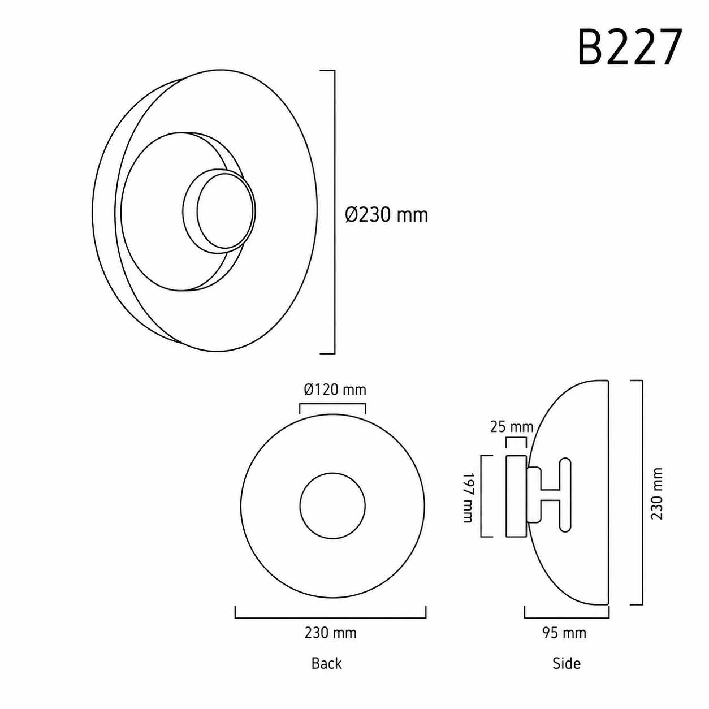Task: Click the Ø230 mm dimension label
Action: [387, 215]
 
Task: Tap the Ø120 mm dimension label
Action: [335, 389]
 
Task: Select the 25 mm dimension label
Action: [512, 427]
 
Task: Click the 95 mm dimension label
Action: [564, 633]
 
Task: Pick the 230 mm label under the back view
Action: [330, 633]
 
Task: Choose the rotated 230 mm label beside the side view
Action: [657, 494]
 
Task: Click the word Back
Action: [326, 663]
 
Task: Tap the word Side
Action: [567, 663]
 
